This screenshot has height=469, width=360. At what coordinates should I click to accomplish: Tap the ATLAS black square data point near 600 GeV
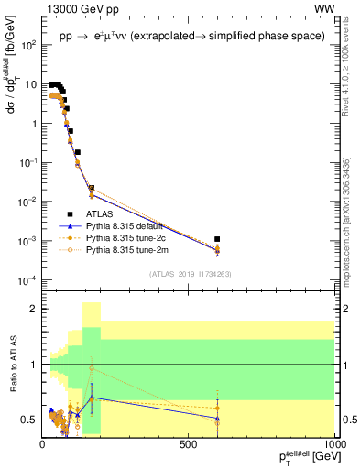tap(216, 238)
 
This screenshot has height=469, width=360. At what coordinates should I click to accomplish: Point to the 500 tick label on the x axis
tap(189, 444)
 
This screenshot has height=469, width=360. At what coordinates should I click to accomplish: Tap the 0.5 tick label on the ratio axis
tap(29, 420)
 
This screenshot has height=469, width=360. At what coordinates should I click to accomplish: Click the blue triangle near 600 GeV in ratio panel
tap(216, 418)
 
